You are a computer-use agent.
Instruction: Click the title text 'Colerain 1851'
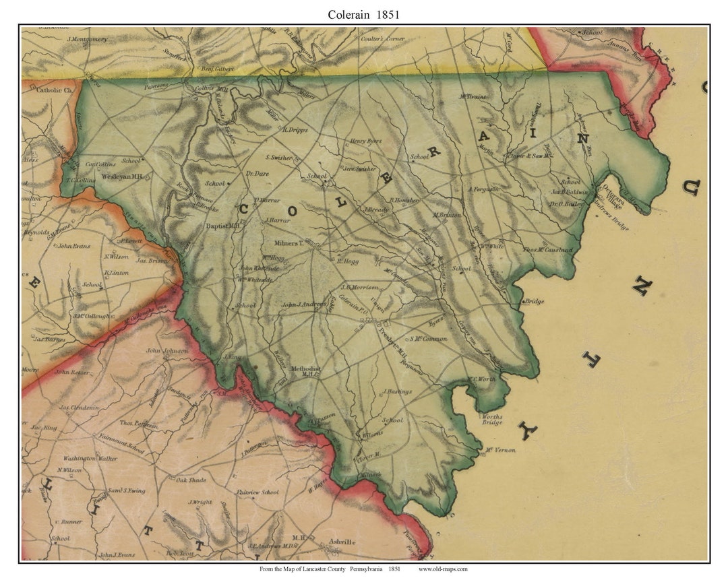pyautogui.click(x=363, y=14)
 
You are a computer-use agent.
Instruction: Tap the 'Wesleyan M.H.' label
pyautogui.click(x=121, y=176)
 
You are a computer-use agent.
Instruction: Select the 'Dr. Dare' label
pyautogui.click(x=257, y=174)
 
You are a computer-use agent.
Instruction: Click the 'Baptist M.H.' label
pyautogui.click(x=223, y=226)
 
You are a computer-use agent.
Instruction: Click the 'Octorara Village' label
pyautogui.click(x=614, y=194)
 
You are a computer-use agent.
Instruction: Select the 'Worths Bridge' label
pyautogui.click(x=492, y=419)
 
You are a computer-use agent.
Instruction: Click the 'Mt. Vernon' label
pyautogui.click(x=500, y=449)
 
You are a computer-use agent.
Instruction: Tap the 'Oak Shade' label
pyautogui.click(x=191, y=480)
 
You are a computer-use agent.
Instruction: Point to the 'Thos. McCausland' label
pyautogui.click(x=548, y=250)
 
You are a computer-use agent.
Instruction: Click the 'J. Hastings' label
pyautogui.click(x=397, y=391)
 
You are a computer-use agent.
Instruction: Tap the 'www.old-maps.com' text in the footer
pyautogui.click(x=443, y=569)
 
